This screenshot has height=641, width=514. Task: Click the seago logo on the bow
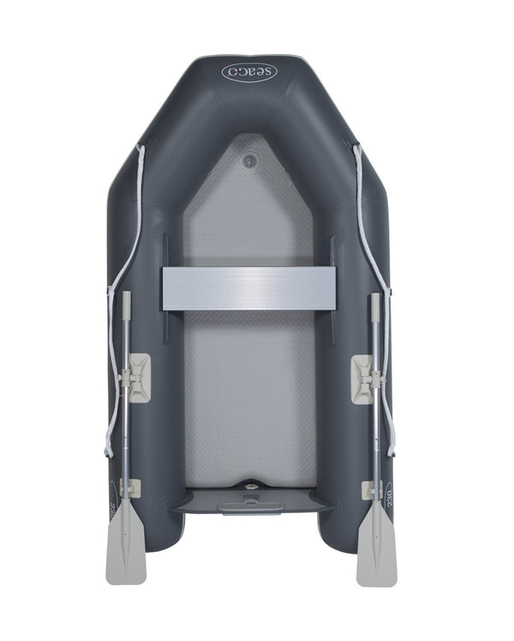(x=249, y=72)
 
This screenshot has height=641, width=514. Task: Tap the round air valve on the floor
(x=248, y=159)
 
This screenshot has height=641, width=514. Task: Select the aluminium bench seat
(x=248, y=288)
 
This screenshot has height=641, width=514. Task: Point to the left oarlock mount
(x=134, y=378)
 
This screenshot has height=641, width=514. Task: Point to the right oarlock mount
(x=367, y=378)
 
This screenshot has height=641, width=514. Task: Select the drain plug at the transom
(x=252, y=488)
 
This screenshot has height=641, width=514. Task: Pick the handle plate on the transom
(x=250, y=507)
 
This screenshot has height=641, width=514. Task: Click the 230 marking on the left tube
(x=114, y=497)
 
